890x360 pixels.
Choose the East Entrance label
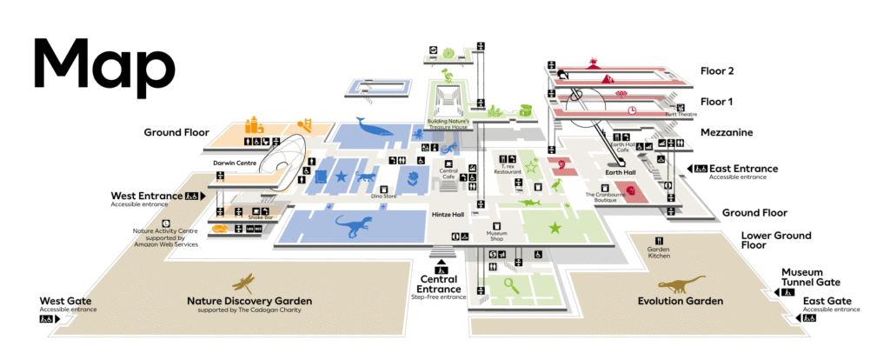pos(743,169)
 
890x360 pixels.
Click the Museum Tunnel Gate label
pos(810,277)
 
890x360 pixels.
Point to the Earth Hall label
pos(620,174)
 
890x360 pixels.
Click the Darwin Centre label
pos(231,162)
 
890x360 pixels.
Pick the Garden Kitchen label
pos(659,251)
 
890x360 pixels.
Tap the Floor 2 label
pos(719,71)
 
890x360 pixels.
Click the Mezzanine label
pos(728,132)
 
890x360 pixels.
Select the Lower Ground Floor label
pos(775,240)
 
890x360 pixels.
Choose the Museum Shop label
pos(496,235)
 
